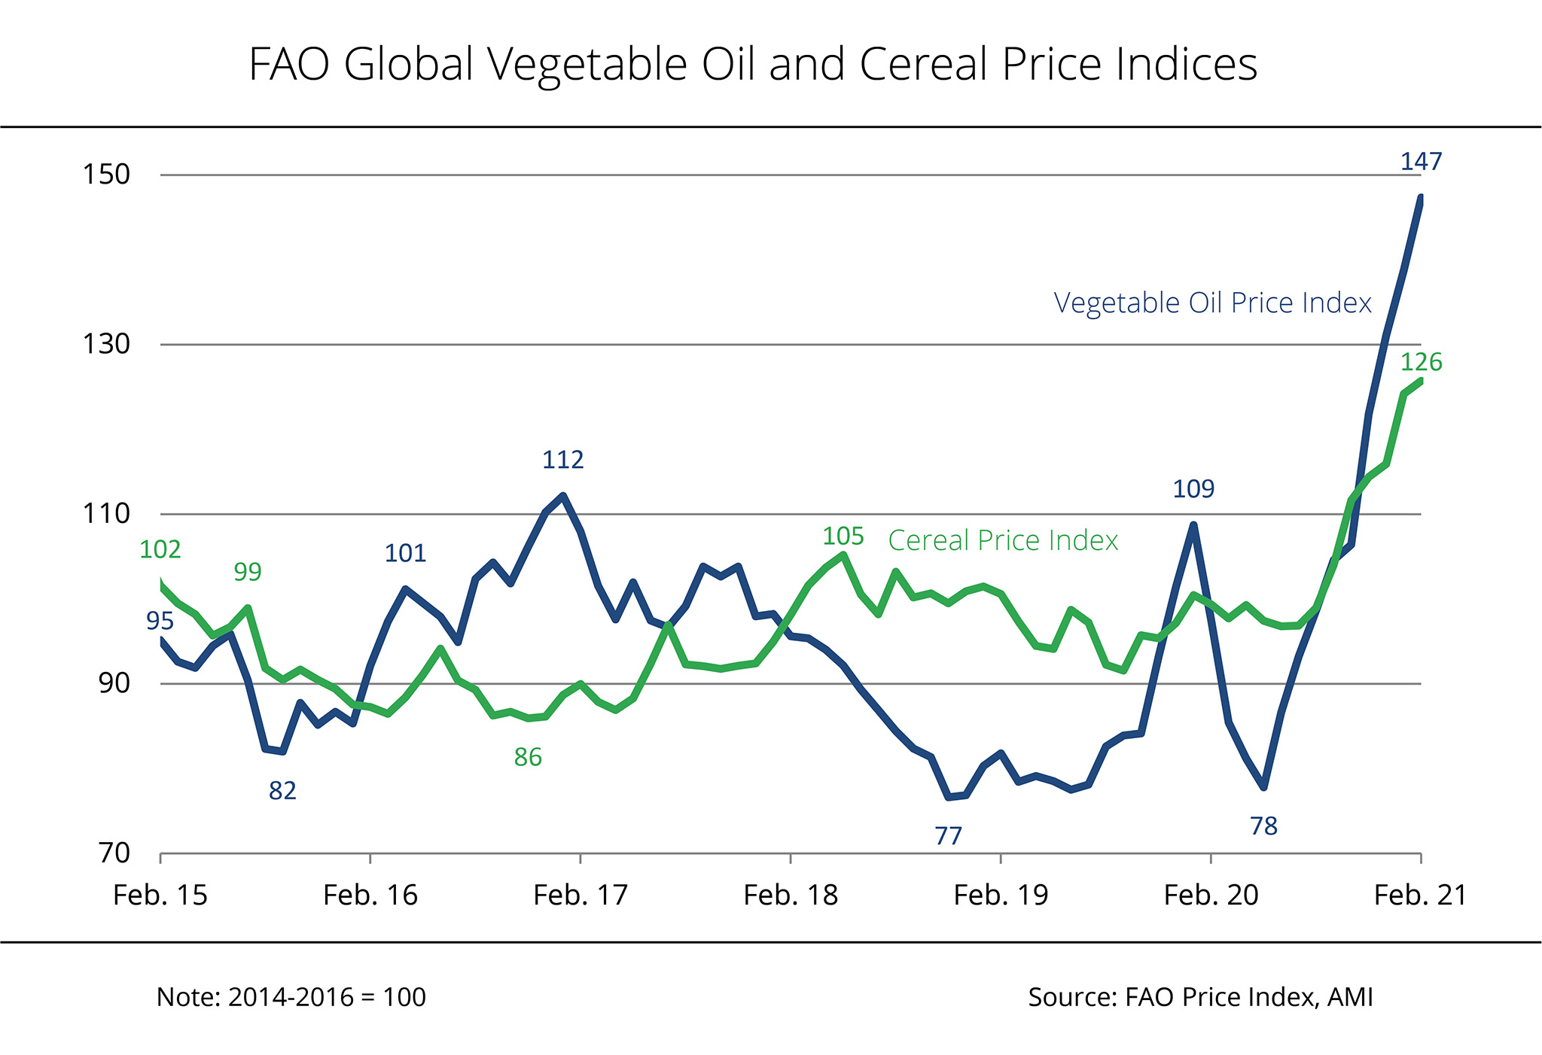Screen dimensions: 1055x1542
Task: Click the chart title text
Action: tap(753, 64)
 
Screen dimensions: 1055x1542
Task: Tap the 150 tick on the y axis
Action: tap(106, 175)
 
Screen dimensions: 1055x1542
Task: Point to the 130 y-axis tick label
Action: tap(106, 345)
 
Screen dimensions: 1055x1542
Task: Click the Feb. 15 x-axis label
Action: tap(160, 895)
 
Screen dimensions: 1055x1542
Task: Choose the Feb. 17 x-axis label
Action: tap(581, 895)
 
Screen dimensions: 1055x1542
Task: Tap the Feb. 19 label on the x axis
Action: tap(1001, 895)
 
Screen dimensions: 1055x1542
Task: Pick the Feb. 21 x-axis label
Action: tap(1421, 895)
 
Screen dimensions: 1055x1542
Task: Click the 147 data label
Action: tap(1421, 162)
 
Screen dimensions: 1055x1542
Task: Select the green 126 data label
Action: tap(1421, 363)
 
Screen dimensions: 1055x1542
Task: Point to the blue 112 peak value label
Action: tap(563, 460)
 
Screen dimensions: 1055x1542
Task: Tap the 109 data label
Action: tap(1193, 489)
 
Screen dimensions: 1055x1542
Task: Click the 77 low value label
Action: tap(949, 836)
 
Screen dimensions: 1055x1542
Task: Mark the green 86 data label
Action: tap(528, 757)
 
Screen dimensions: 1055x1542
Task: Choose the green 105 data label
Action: tap(843, 537)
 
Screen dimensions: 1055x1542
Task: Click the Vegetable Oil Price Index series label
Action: tap(1212, 303)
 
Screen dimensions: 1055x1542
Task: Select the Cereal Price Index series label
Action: tap(1003, 540)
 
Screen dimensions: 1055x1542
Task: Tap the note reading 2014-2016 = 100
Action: tap(291, 997)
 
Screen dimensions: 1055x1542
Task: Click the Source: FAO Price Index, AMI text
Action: tap(1200, 997)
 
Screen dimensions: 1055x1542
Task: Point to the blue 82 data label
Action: tap(282, 791)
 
